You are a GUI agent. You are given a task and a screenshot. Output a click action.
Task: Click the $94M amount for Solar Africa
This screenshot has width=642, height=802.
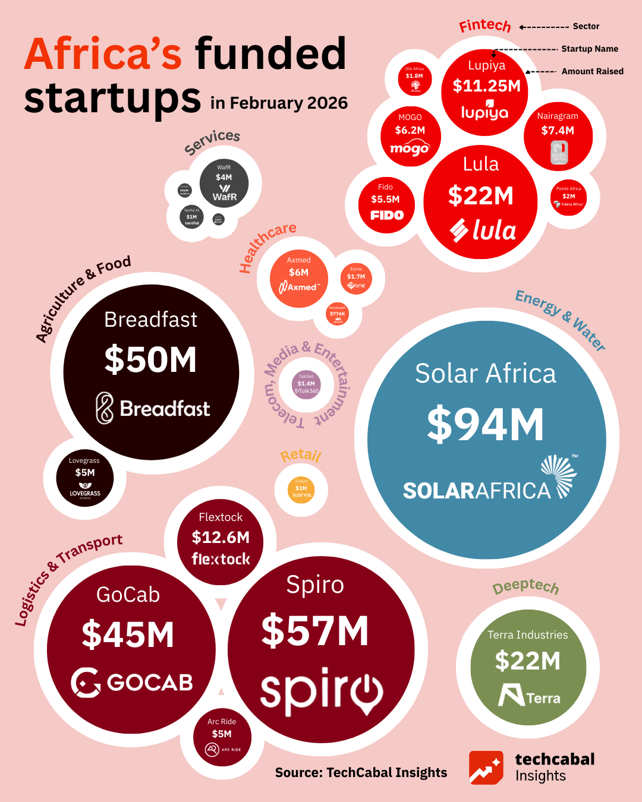point(485,425)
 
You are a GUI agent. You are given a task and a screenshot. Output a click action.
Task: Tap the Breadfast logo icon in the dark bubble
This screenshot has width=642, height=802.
point(105,408)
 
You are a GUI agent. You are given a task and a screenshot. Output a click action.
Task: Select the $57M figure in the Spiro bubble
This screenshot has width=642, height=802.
point(315,631)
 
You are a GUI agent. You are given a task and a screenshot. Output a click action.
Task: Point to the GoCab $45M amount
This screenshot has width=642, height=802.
point(128,634)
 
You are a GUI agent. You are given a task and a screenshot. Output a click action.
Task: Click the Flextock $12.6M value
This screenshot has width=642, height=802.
point(221,538)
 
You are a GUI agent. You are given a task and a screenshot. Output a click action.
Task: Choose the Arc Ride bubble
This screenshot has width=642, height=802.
point(222,737)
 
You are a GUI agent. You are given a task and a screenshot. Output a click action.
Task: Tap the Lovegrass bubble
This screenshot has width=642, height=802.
point(85,478)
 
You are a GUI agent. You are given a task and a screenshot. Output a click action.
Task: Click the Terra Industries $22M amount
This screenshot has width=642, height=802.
point(528,661)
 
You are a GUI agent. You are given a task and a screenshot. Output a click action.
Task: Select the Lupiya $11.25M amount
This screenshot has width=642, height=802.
point(486,86)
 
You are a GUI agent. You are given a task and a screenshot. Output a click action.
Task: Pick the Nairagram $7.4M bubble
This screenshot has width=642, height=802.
point(558,137)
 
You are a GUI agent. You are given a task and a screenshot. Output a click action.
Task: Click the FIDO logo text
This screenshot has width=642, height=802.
point(387,215)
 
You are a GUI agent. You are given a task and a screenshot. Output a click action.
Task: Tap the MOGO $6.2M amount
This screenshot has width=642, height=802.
point(410,130)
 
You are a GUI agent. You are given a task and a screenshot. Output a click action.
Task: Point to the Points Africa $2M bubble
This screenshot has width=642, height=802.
point(569,197)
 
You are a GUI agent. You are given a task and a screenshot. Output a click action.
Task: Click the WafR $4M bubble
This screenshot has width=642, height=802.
point(224,184)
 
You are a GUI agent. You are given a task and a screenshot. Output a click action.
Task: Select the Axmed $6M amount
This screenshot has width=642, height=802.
point(298,273)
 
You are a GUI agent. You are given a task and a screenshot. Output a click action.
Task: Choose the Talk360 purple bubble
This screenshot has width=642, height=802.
point(307,384)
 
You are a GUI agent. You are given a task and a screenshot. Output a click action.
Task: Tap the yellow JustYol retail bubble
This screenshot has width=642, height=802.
point(301,490)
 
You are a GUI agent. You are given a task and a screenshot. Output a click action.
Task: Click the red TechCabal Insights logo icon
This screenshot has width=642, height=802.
point(486,768)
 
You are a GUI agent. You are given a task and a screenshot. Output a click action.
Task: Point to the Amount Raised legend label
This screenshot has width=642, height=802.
point(592,71)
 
